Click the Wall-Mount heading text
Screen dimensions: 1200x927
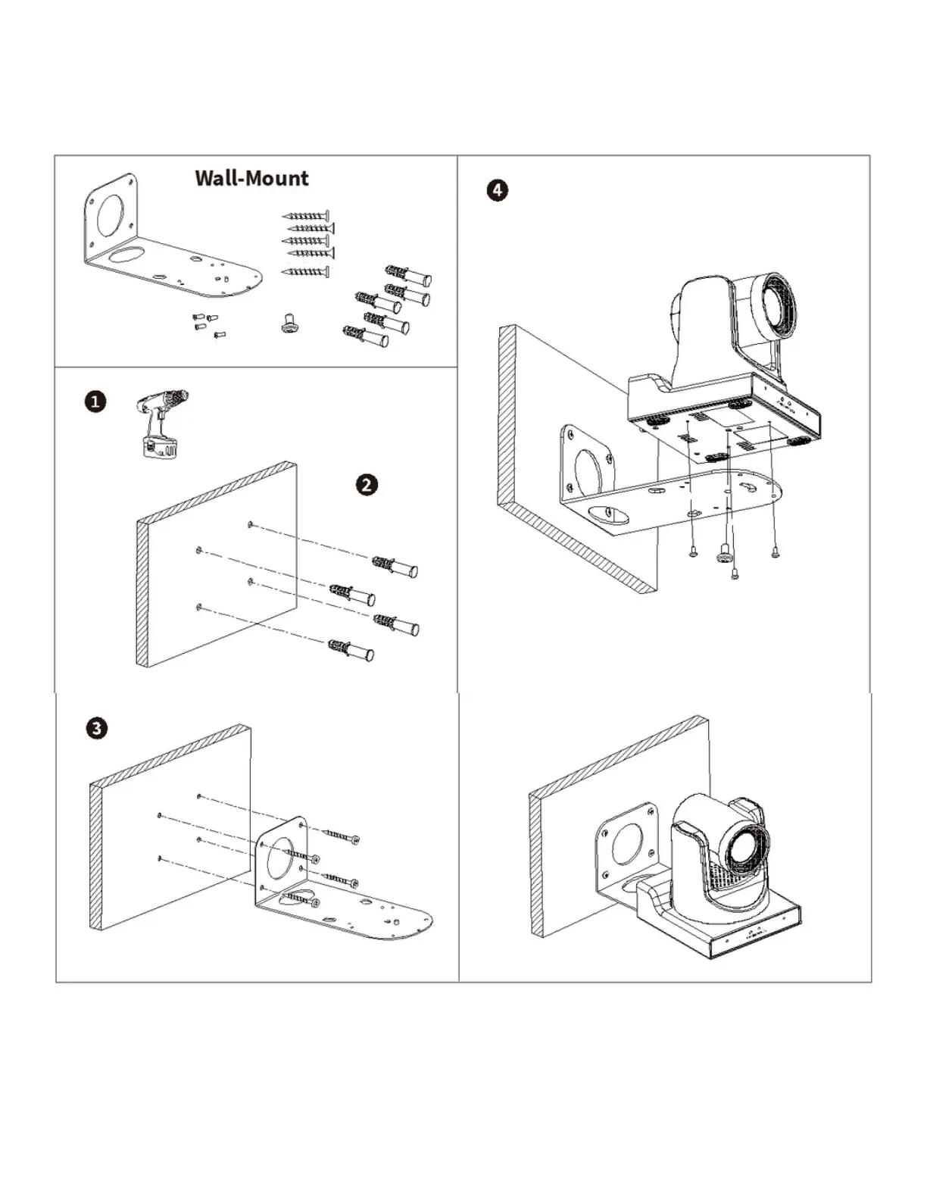251,178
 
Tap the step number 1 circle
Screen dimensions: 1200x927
95,402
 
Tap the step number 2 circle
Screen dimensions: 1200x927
367,485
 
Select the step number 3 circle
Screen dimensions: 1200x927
96,729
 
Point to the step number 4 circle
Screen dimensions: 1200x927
497,189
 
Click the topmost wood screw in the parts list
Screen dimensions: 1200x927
305,216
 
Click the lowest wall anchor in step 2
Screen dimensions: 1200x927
351,650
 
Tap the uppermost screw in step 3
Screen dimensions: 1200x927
342,836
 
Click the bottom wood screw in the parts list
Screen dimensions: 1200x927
305,272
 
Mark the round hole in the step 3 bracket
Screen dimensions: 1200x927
286,852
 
